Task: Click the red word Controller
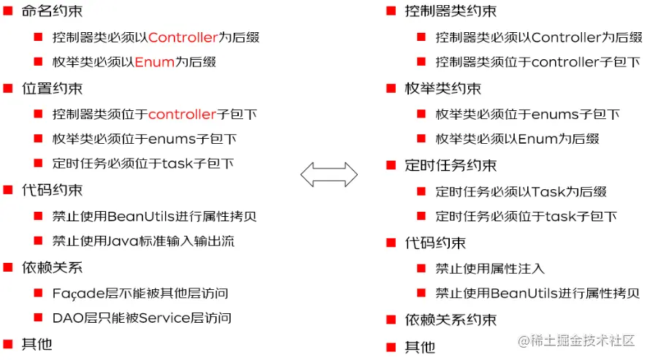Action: pyautogui.click(x=183, y=37)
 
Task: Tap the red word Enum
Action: pyautogui.click(x=155, y=62)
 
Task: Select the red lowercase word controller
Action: pyautogui.click(x=183, y=114)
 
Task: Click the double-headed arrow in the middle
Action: pyautogui.click(x=329, y=175)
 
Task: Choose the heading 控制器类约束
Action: pyautogui.click(x=451, y=11)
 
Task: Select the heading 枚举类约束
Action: pyautogui.click(x=443, y=88)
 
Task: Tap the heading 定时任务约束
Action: pyautogui.click(x=451, y=165)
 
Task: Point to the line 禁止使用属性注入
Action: pyautogui.click(x=490, y=269)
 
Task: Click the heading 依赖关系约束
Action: pyautogui.click(x=451, y=320)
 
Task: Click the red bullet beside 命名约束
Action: pyautogui.click(x=8, y=11)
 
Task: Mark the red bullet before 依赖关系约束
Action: pyautogui.click(x=391, y=320)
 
